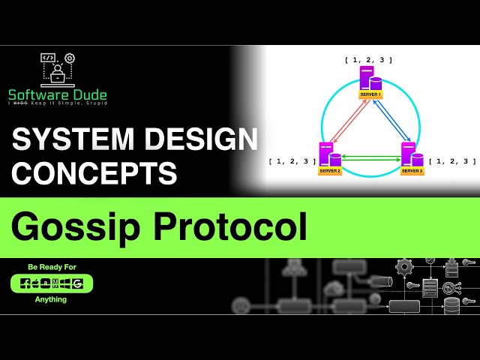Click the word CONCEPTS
point(94,172)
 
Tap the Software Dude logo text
point(58,95)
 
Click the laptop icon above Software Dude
point(57,70)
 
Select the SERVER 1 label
point(370,95)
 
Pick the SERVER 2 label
point(329,171)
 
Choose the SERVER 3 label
point(412,171)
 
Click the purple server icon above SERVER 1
point(367,78)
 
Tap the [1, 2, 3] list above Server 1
point(368,59)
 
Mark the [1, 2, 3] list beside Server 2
point(292,161)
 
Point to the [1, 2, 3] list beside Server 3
point(452,161)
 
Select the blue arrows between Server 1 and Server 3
point(390,121)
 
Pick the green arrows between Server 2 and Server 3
point(370,158)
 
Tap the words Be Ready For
point(52,267)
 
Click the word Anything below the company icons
point(51,299)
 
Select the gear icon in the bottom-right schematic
point(405,266)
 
